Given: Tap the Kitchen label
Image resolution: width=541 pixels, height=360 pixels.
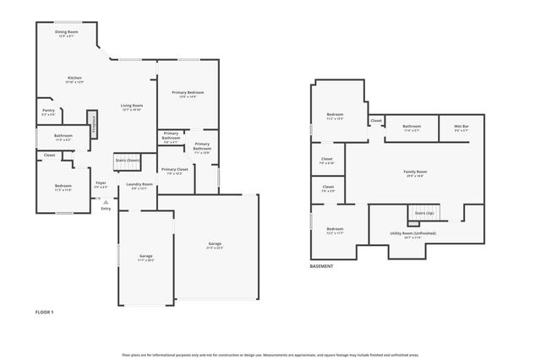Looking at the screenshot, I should coord(75,79).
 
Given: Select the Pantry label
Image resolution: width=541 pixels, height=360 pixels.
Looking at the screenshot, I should coord(48,112).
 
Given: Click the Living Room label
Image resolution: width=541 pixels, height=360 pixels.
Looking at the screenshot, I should coord(131,107).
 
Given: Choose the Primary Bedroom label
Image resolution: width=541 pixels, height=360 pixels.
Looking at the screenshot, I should coord(188,94).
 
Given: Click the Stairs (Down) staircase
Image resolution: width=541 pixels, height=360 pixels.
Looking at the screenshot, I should coord(127,160).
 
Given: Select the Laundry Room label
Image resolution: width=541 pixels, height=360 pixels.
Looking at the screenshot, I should coord(139,185).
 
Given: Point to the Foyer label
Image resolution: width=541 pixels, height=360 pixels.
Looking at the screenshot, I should coord(101,184).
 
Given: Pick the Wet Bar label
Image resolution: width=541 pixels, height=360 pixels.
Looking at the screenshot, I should coord(462,128).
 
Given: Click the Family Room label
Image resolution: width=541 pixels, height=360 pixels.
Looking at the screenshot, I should coord(414,173).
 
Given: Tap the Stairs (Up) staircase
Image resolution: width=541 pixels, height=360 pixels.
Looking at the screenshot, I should coord(424,212).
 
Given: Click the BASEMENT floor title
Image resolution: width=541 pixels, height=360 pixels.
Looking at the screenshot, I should coord(321,266).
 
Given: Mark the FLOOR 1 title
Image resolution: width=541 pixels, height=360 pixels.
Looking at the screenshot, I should coord(44,313).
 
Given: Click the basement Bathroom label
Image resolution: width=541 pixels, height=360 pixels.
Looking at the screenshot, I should coord(412,128).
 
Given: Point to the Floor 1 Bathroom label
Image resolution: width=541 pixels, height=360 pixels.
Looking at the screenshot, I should coord(63,137).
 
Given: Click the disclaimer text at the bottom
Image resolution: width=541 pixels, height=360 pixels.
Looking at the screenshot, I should coord(270,354).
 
